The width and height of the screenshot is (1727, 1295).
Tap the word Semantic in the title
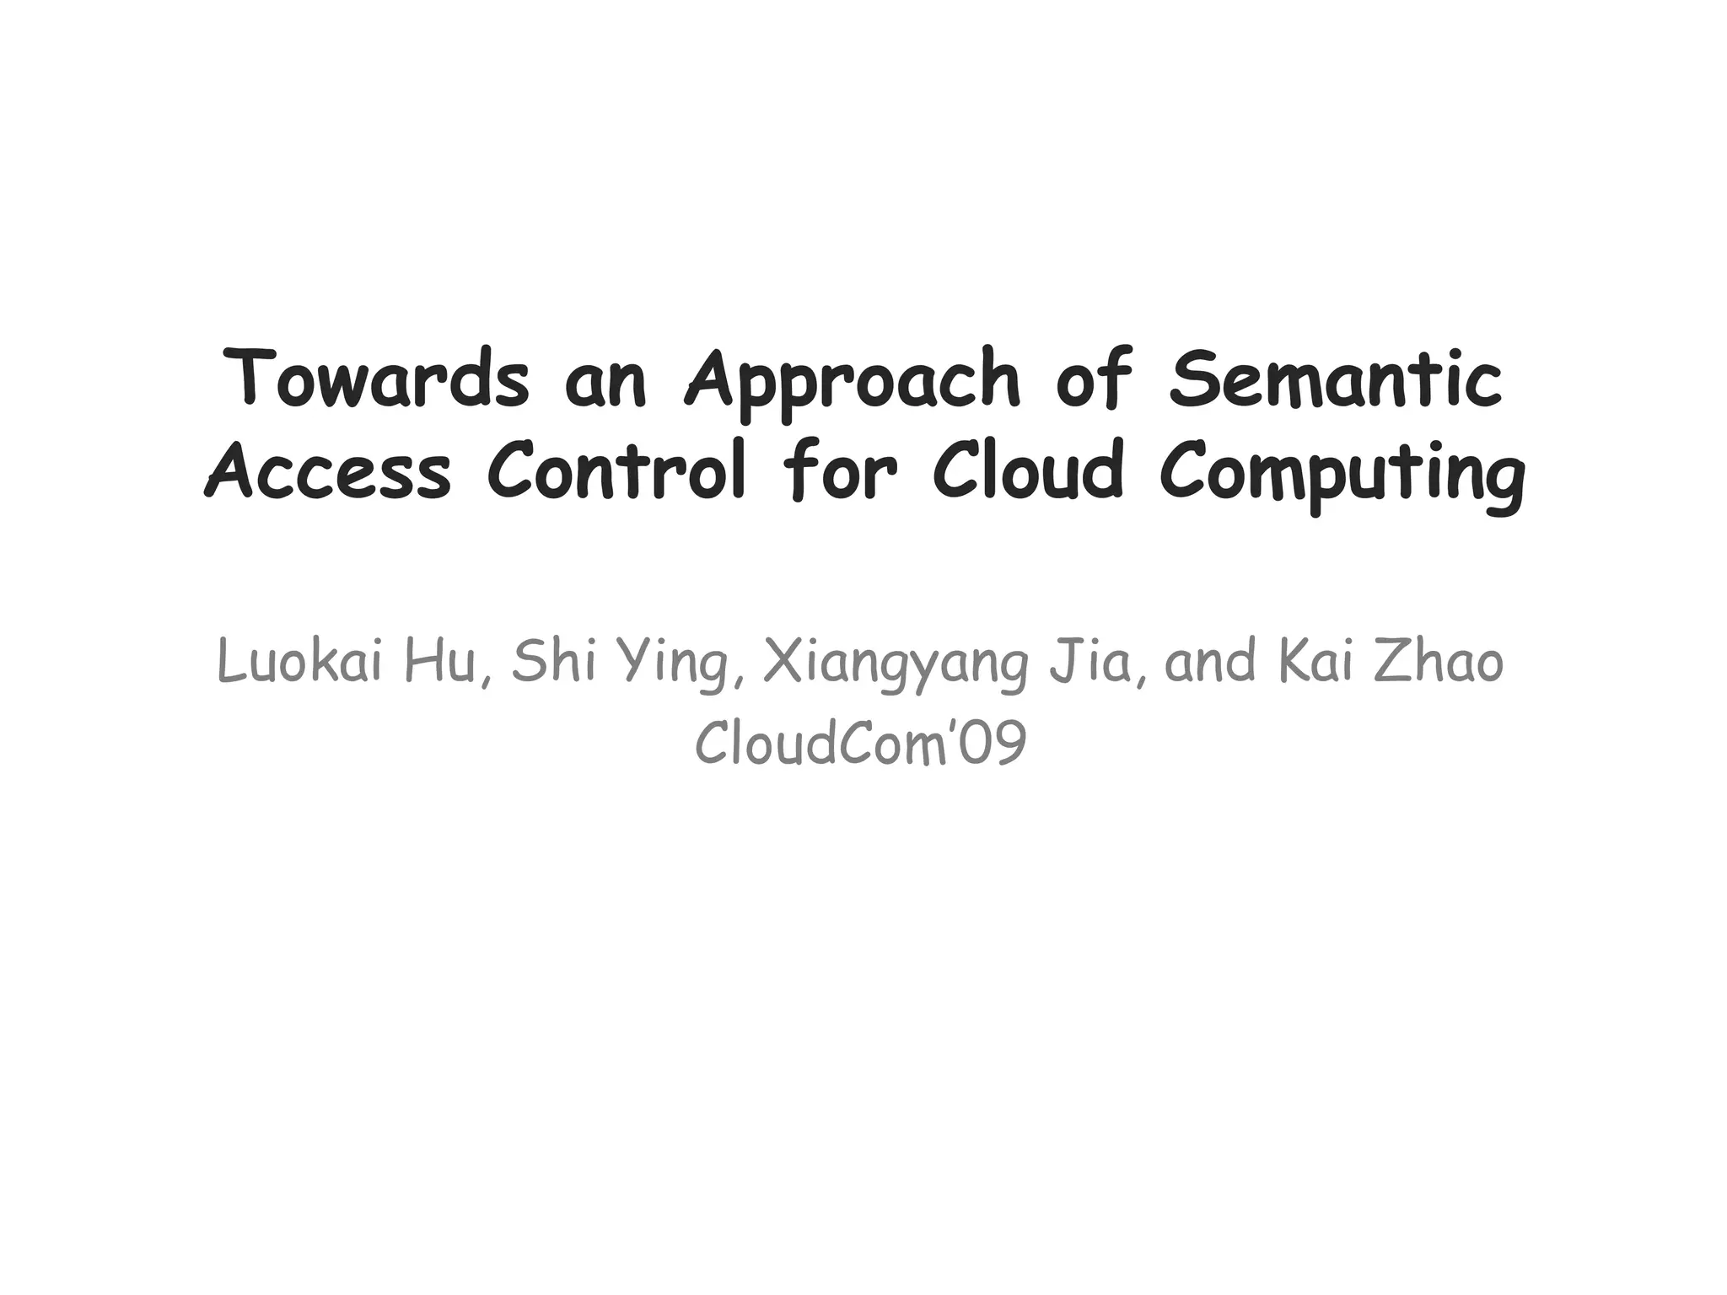click(x=1335, y=379)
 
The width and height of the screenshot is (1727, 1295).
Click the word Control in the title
click(x=616, y=470)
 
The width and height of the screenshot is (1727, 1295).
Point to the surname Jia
click(x=1099, y=662)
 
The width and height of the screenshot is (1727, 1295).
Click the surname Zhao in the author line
click(x=1439, y=662)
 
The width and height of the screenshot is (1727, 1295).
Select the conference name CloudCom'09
click(x=861, y=744)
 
